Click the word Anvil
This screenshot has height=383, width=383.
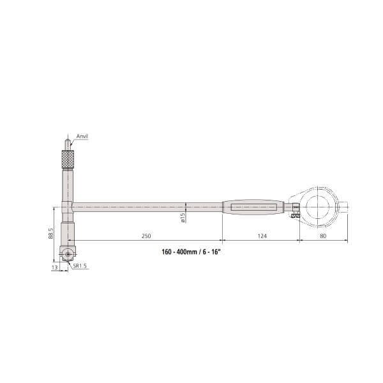click(82, 137)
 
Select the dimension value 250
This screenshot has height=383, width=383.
click(146, 236)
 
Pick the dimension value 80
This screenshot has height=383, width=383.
click(324, 236)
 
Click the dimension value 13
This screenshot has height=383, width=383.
click(55, 269)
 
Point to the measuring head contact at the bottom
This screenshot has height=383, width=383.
click(68, 254)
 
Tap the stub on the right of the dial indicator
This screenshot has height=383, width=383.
click(345, 206)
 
